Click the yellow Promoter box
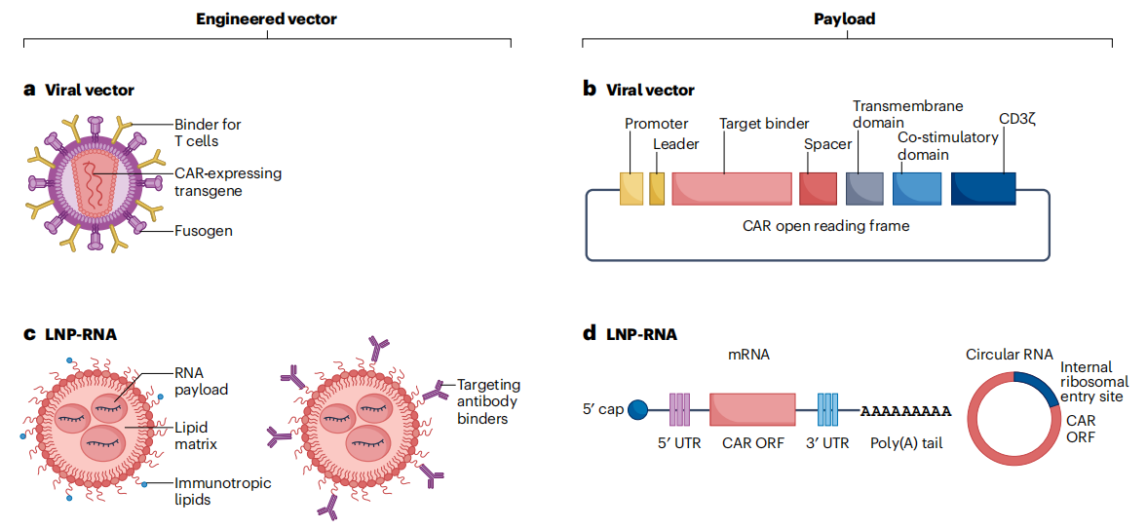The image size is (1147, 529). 631,189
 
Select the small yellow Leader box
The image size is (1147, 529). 657,189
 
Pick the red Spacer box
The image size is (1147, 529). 818,189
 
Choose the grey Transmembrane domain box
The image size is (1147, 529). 864,189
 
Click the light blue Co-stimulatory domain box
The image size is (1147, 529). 916,189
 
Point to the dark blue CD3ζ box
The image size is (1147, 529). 982,189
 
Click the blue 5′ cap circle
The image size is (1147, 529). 636,409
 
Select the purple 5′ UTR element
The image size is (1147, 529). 679,409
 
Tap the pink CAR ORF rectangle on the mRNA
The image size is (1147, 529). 751,409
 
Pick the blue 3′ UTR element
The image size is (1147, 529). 827,409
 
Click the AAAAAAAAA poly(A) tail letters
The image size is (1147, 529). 905,410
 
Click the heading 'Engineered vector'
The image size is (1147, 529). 266,18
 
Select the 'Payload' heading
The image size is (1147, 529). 846,18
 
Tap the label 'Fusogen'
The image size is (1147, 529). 204,232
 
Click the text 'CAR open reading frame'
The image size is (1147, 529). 817,227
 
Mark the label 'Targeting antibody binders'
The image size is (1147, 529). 487,401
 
